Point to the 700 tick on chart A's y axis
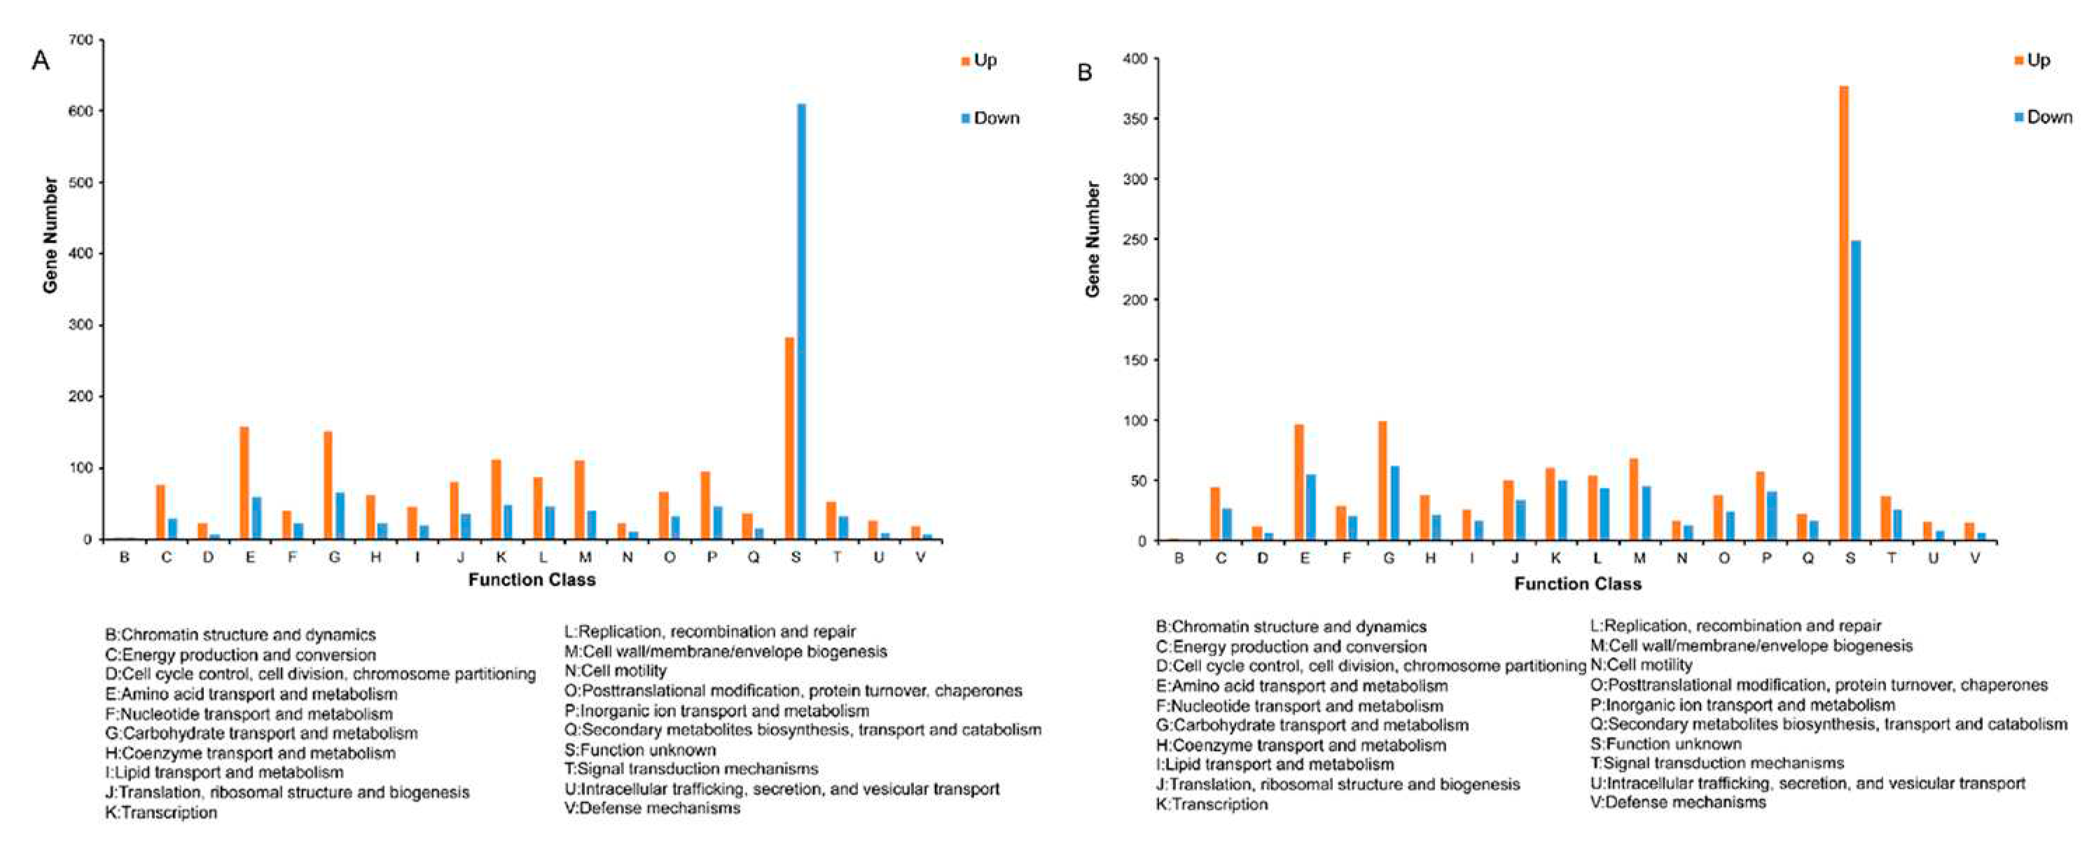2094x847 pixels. pyautogui.click(x=84, y=39)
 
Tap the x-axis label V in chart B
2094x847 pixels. pyautogui.click(x=1974, y=559)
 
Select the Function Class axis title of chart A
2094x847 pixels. pyautogui.click(x=532, y=580)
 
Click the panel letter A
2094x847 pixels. pyautogui.click(x=40, y=60)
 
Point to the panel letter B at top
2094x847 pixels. pyautogui.click(x=1084, y=72)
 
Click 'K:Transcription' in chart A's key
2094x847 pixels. pyautogui.click(x=161, y=812)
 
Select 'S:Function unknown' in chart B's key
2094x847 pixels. pyautogui.click(x=1665, y=743)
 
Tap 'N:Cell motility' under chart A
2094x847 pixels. pyautogui.click(x=615, y=671)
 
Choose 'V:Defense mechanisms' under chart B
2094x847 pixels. pyautogui.click(x=1678, y=802)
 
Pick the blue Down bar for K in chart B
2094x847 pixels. pyautogui.click(x=1562, y=510)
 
